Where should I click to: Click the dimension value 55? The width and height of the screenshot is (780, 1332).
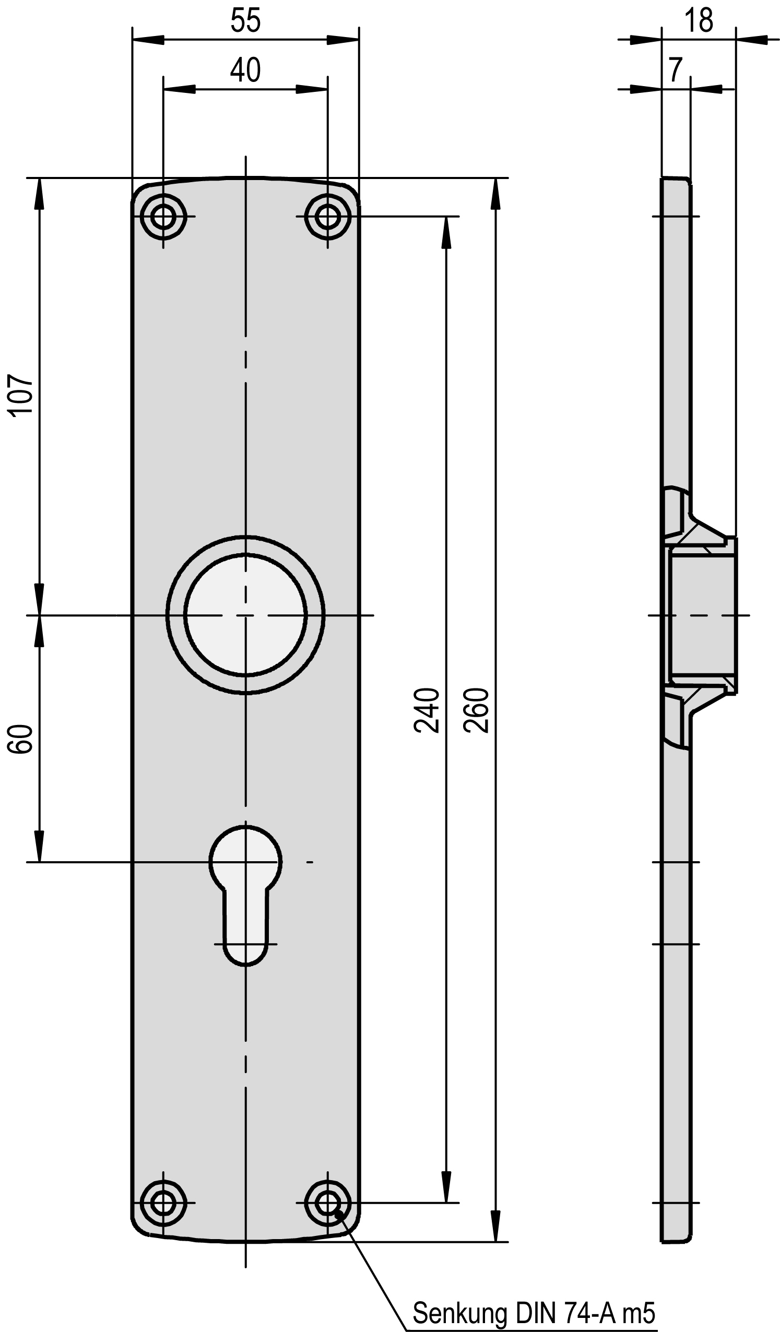coord(245,21)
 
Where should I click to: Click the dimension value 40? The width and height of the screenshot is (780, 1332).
coord(245,70)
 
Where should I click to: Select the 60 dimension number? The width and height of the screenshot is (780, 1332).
coord(21,739)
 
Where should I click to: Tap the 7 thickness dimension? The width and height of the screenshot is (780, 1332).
coord(675,70)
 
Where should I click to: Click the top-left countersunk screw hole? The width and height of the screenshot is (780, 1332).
coord(163,217)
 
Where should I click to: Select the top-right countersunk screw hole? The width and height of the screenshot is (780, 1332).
coord(328,217)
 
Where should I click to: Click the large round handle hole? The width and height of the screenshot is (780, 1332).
coord(245,615)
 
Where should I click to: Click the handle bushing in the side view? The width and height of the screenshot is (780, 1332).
coord(702,615)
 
